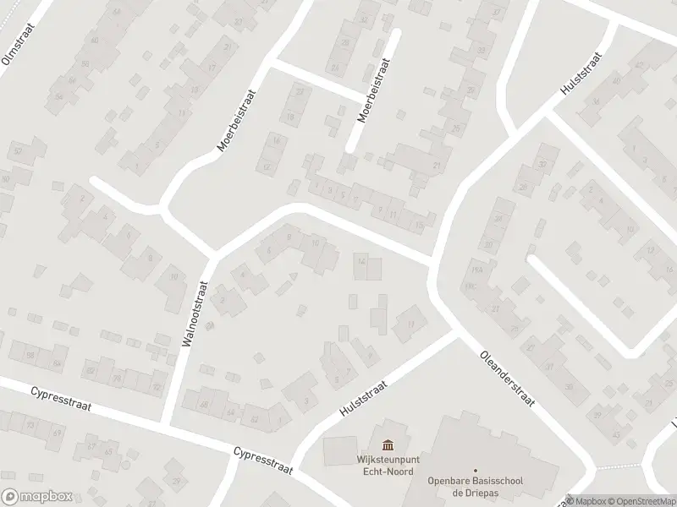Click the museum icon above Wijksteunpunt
tap(388, 445)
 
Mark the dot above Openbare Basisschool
tap(476, 470)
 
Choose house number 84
tap(58, 363)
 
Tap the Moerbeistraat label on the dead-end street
tap(372, 92)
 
